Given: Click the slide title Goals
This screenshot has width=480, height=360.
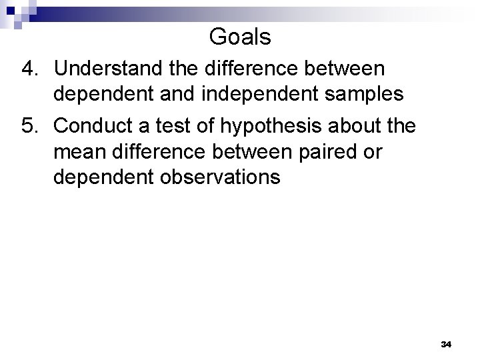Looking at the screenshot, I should [x=240, y=37].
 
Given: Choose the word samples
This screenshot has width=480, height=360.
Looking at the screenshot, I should [x=370, y=94].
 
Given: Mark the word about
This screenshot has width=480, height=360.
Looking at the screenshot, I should [x=367, y=126].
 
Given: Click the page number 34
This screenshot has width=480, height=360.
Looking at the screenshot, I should [x=447, y=344].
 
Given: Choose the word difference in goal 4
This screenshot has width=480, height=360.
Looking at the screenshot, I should [x=257, y=69].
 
